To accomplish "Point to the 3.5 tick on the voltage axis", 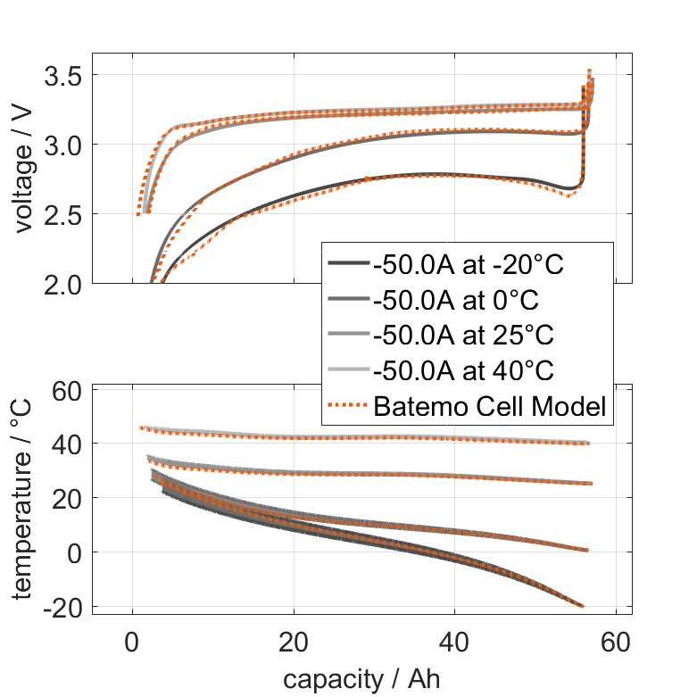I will [x=63, y=76].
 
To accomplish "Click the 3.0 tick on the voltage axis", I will [x=63, y=145].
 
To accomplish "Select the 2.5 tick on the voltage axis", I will [x=63, y=215].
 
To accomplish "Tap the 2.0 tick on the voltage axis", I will [x=63, y=284].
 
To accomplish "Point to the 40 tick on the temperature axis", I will [x=69, y=444].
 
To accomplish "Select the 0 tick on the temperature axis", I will [x=76, y=552].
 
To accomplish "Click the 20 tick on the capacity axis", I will [x=294, y=641].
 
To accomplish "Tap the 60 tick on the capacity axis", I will [x=616, y=641].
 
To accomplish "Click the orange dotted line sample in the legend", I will [x=348, y=405].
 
